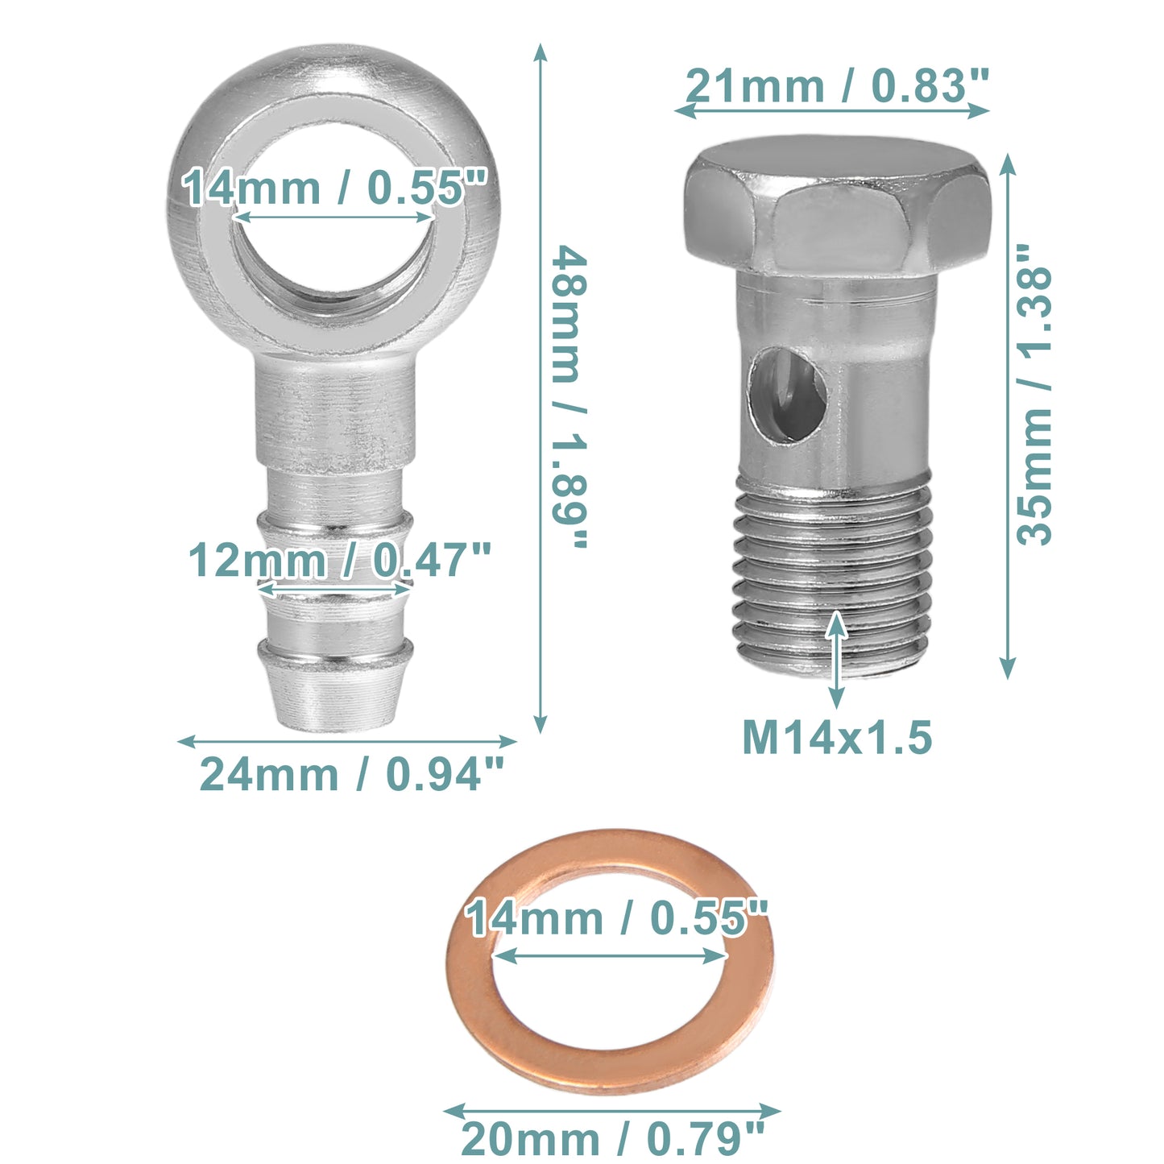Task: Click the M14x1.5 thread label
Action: (837, 737)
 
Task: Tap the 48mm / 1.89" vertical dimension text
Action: (569, 396)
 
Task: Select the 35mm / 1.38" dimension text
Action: (1034, 395)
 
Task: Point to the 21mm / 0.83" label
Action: (837, 85)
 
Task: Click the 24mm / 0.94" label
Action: (351, 774)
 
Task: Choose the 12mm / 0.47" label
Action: (340, 560)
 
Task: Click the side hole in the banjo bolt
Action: (787, 394)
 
